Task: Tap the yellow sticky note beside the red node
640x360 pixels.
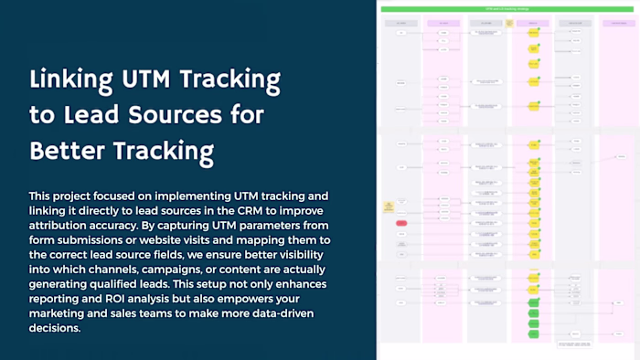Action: pyautogui.click(x=389, y=206)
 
